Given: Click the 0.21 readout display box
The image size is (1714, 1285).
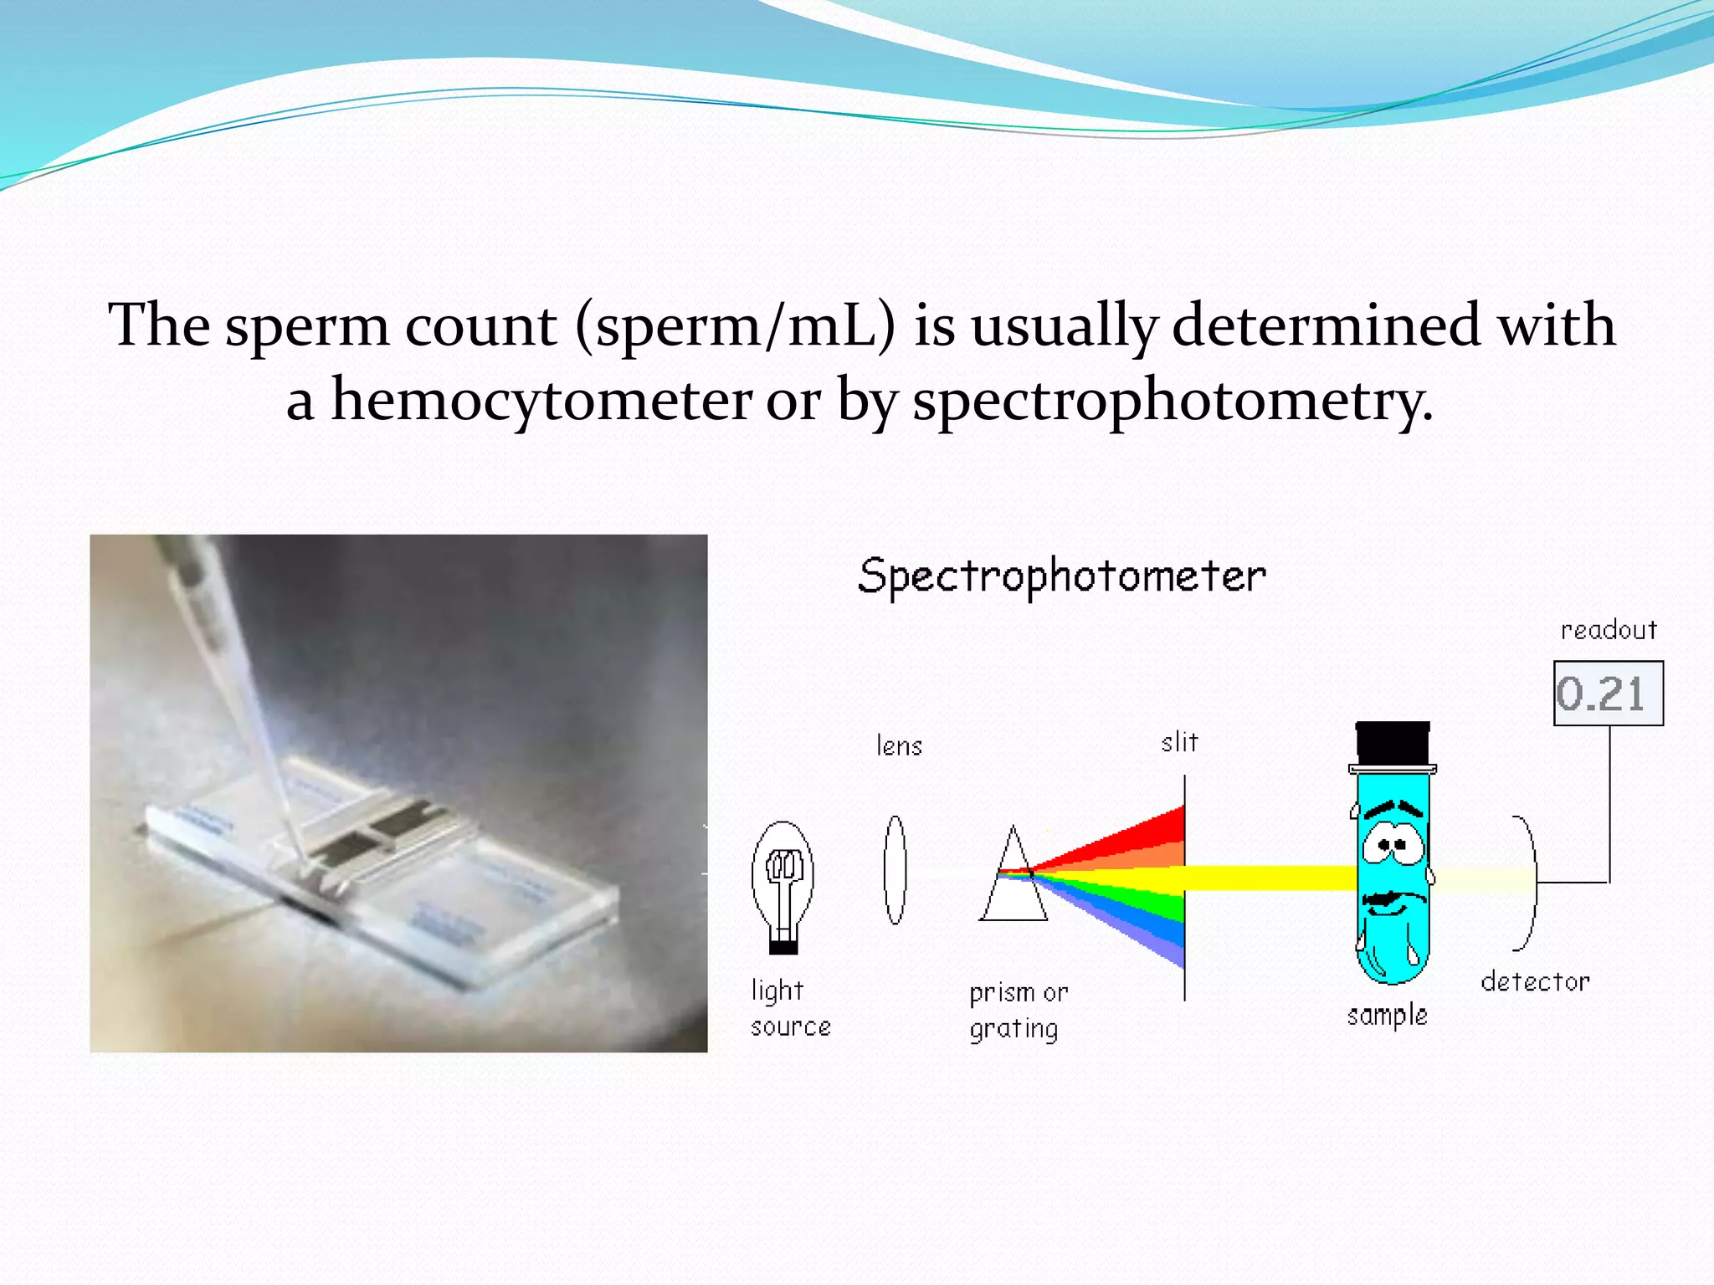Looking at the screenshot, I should (x=1608, y=694).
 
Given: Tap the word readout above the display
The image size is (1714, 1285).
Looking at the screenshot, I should (x=1608, y=630).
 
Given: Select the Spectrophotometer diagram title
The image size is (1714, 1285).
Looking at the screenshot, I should (x=1061, y=576).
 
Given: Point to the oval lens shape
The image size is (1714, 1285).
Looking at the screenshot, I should (x=895, y=870).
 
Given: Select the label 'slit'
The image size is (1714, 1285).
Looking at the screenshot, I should (x=1179, y=742).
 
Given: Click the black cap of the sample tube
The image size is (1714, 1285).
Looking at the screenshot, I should (x=1393, y=742).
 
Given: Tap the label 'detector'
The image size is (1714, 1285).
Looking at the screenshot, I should (x=1535, y=981).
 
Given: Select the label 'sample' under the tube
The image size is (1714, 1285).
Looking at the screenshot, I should (x=1387, y=1016).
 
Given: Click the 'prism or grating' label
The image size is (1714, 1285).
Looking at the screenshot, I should (x=1017, y=1011).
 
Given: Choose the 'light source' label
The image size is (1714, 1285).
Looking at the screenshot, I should (x=788, y=1008).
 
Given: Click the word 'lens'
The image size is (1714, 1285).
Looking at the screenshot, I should (x=899, y=745).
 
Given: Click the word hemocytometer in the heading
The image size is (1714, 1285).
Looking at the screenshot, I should (x=541, y=401).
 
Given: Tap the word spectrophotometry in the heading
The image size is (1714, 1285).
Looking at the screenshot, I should (x=1172, y=401).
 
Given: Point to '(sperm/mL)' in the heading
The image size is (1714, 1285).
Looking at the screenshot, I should (x=735, y=325).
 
